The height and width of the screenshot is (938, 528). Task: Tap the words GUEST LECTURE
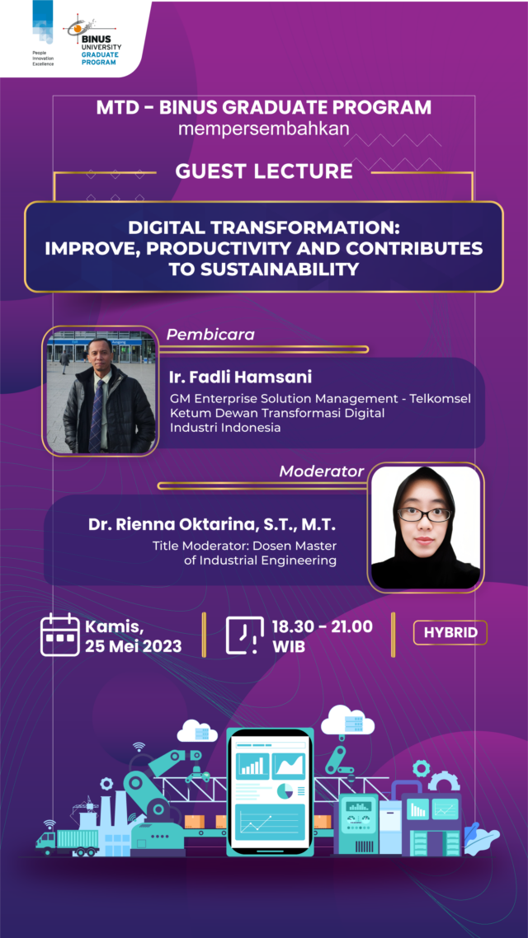coord(264,171)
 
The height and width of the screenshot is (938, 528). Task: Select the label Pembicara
coord(210,335)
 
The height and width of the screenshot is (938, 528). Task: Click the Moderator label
coord(322,471)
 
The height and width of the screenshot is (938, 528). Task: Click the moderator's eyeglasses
coord(424,514)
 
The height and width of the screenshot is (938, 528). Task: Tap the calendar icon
coord(60,635)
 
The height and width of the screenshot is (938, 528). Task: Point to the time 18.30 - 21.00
coord(322,626)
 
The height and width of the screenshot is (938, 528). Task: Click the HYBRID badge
coord(450,633)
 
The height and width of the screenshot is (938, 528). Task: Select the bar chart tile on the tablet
coord(252,766)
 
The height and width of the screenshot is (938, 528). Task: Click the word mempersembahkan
coord(264,129)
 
